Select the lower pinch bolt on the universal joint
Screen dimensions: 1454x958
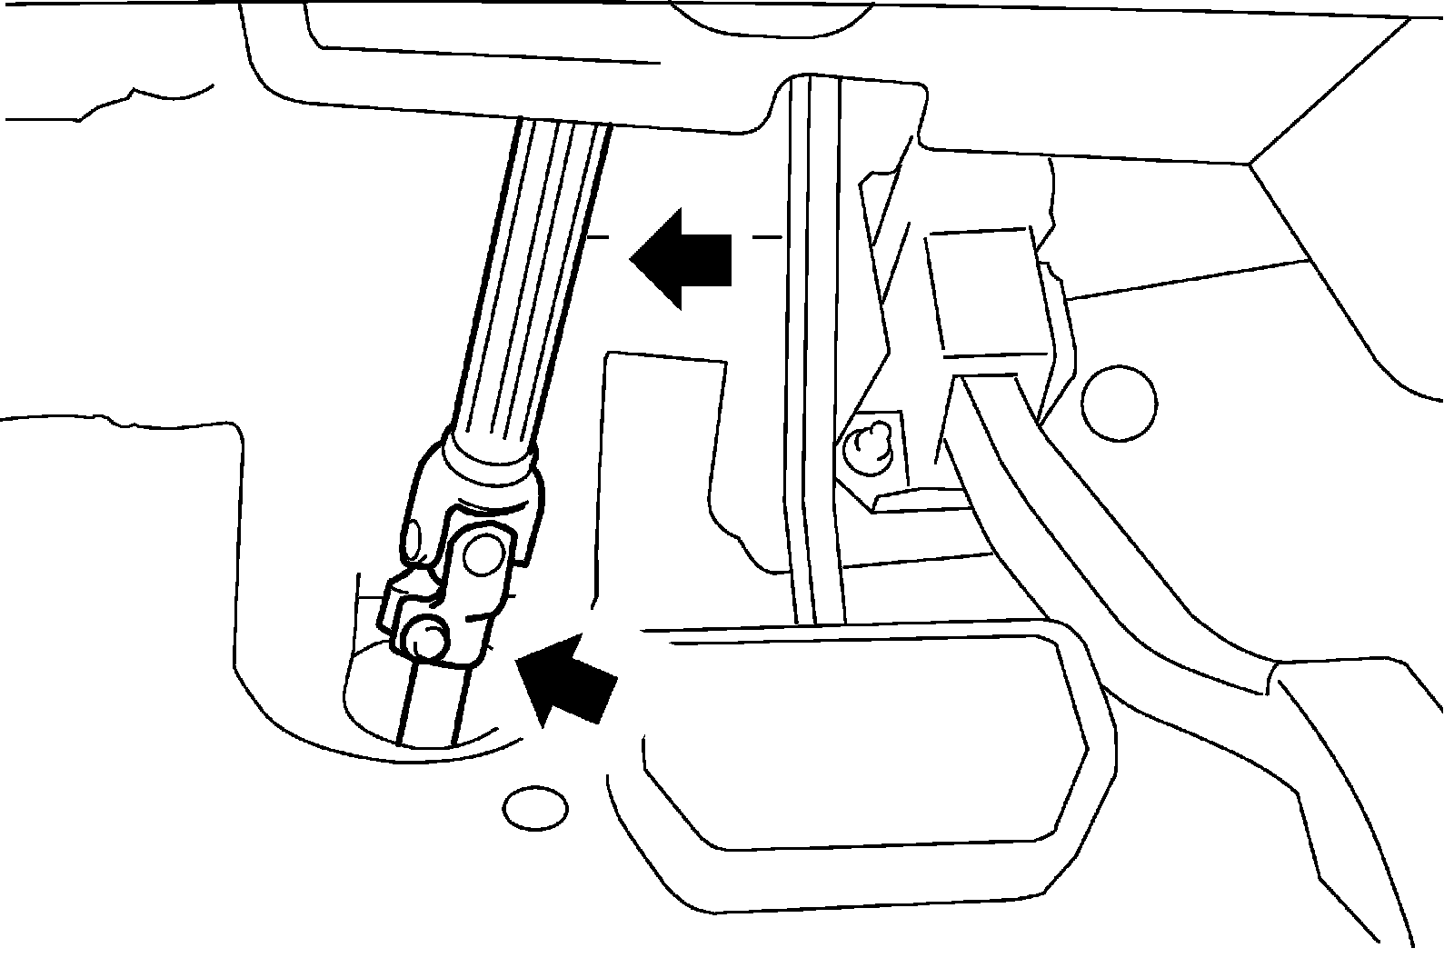(x=423, y=638)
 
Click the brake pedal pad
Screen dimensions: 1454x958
(x=863, y=736)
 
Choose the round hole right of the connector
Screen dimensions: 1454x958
(x=1120, y=400)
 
